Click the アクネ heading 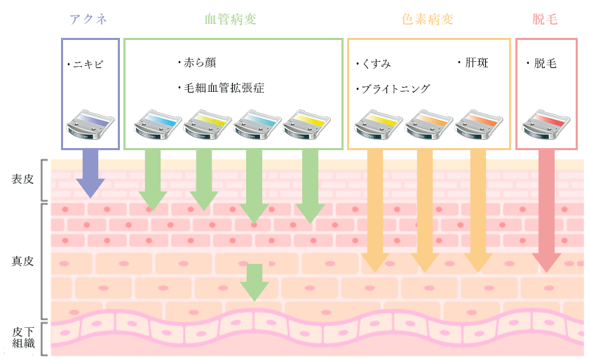(x=89, y=19)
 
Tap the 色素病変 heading (x=428, y=19)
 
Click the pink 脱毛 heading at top (x=546, y=19)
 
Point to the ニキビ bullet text (x=86, y=65)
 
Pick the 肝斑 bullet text (x=473, y=63)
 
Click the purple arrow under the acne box (x=90, y=174)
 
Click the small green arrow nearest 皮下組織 (x=255, y=281)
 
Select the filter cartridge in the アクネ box (x=89, y=124)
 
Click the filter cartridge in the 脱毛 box (x=546, y=124)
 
